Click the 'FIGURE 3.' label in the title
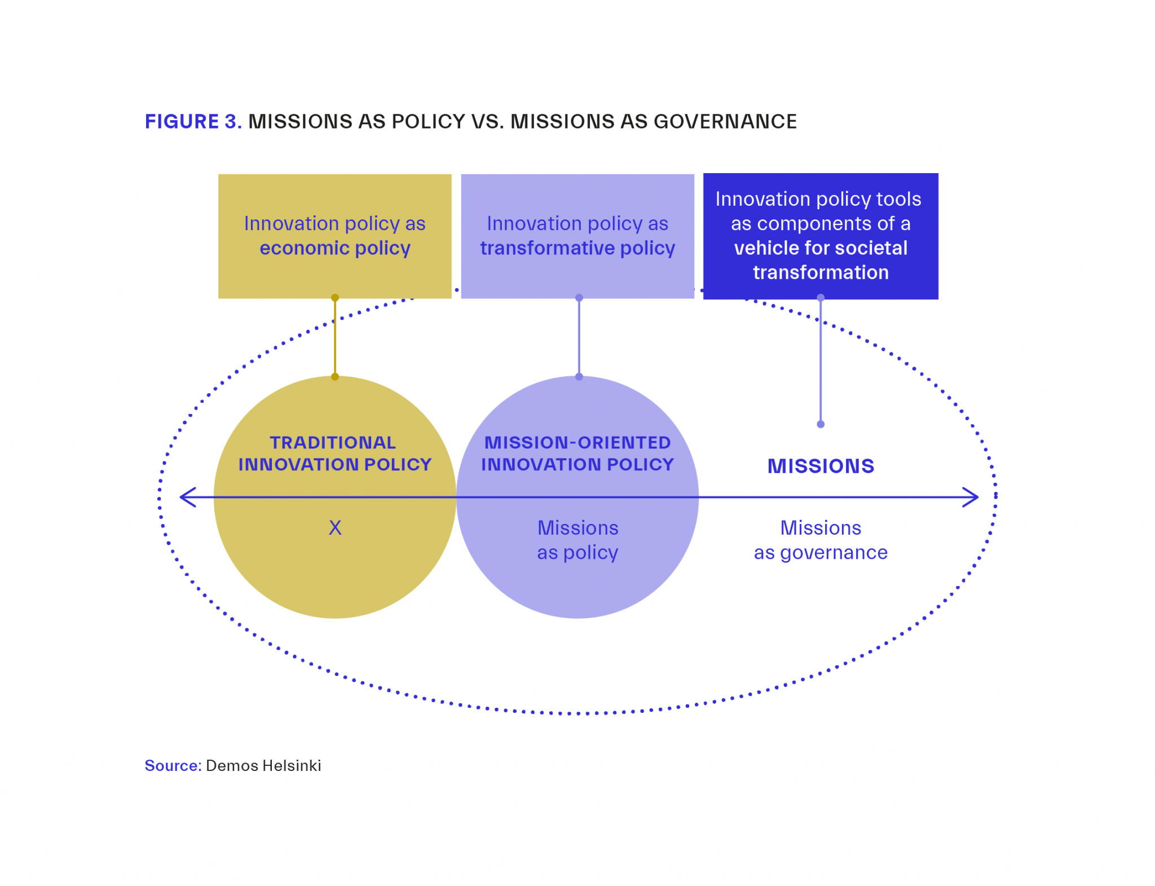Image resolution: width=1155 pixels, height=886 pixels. click(x=193, y=122)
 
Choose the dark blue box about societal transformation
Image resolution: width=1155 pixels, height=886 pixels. click(x=820, y=236)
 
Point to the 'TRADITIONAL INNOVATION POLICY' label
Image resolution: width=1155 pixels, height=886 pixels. click(x=334, y=453)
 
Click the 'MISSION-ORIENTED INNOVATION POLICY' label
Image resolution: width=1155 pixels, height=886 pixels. click(x=577, y=453)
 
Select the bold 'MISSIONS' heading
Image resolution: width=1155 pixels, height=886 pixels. click(x=821, y=466)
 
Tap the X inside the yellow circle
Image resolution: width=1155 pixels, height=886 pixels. click(x=335, y=528)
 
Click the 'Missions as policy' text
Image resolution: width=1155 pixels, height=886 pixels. click(x=577, y=540)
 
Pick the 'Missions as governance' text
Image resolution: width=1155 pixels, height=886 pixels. click(x=821, y=540)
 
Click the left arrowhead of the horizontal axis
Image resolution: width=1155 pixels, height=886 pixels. click(x=187, y=497)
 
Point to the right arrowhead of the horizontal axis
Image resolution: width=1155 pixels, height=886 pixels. click(x=971, y=497)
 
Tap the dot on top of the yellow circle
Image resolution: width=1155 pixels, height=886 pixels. click(x=335, y=377)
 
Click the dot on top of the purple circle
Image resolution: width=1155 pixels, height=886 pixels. click(x=579, y=377)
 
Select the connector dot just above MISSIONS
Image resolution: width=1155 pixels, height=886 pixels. click(x=821, y=424)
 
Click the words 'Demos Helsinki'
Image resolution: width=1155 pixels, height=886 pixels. click(x=263, y=766)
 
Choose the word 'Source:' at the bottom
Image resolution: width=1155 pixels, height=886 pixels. click(x=173, y=766)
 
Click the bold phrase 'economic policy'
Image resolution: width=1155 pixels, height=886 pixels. click(x=334, y=248)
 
